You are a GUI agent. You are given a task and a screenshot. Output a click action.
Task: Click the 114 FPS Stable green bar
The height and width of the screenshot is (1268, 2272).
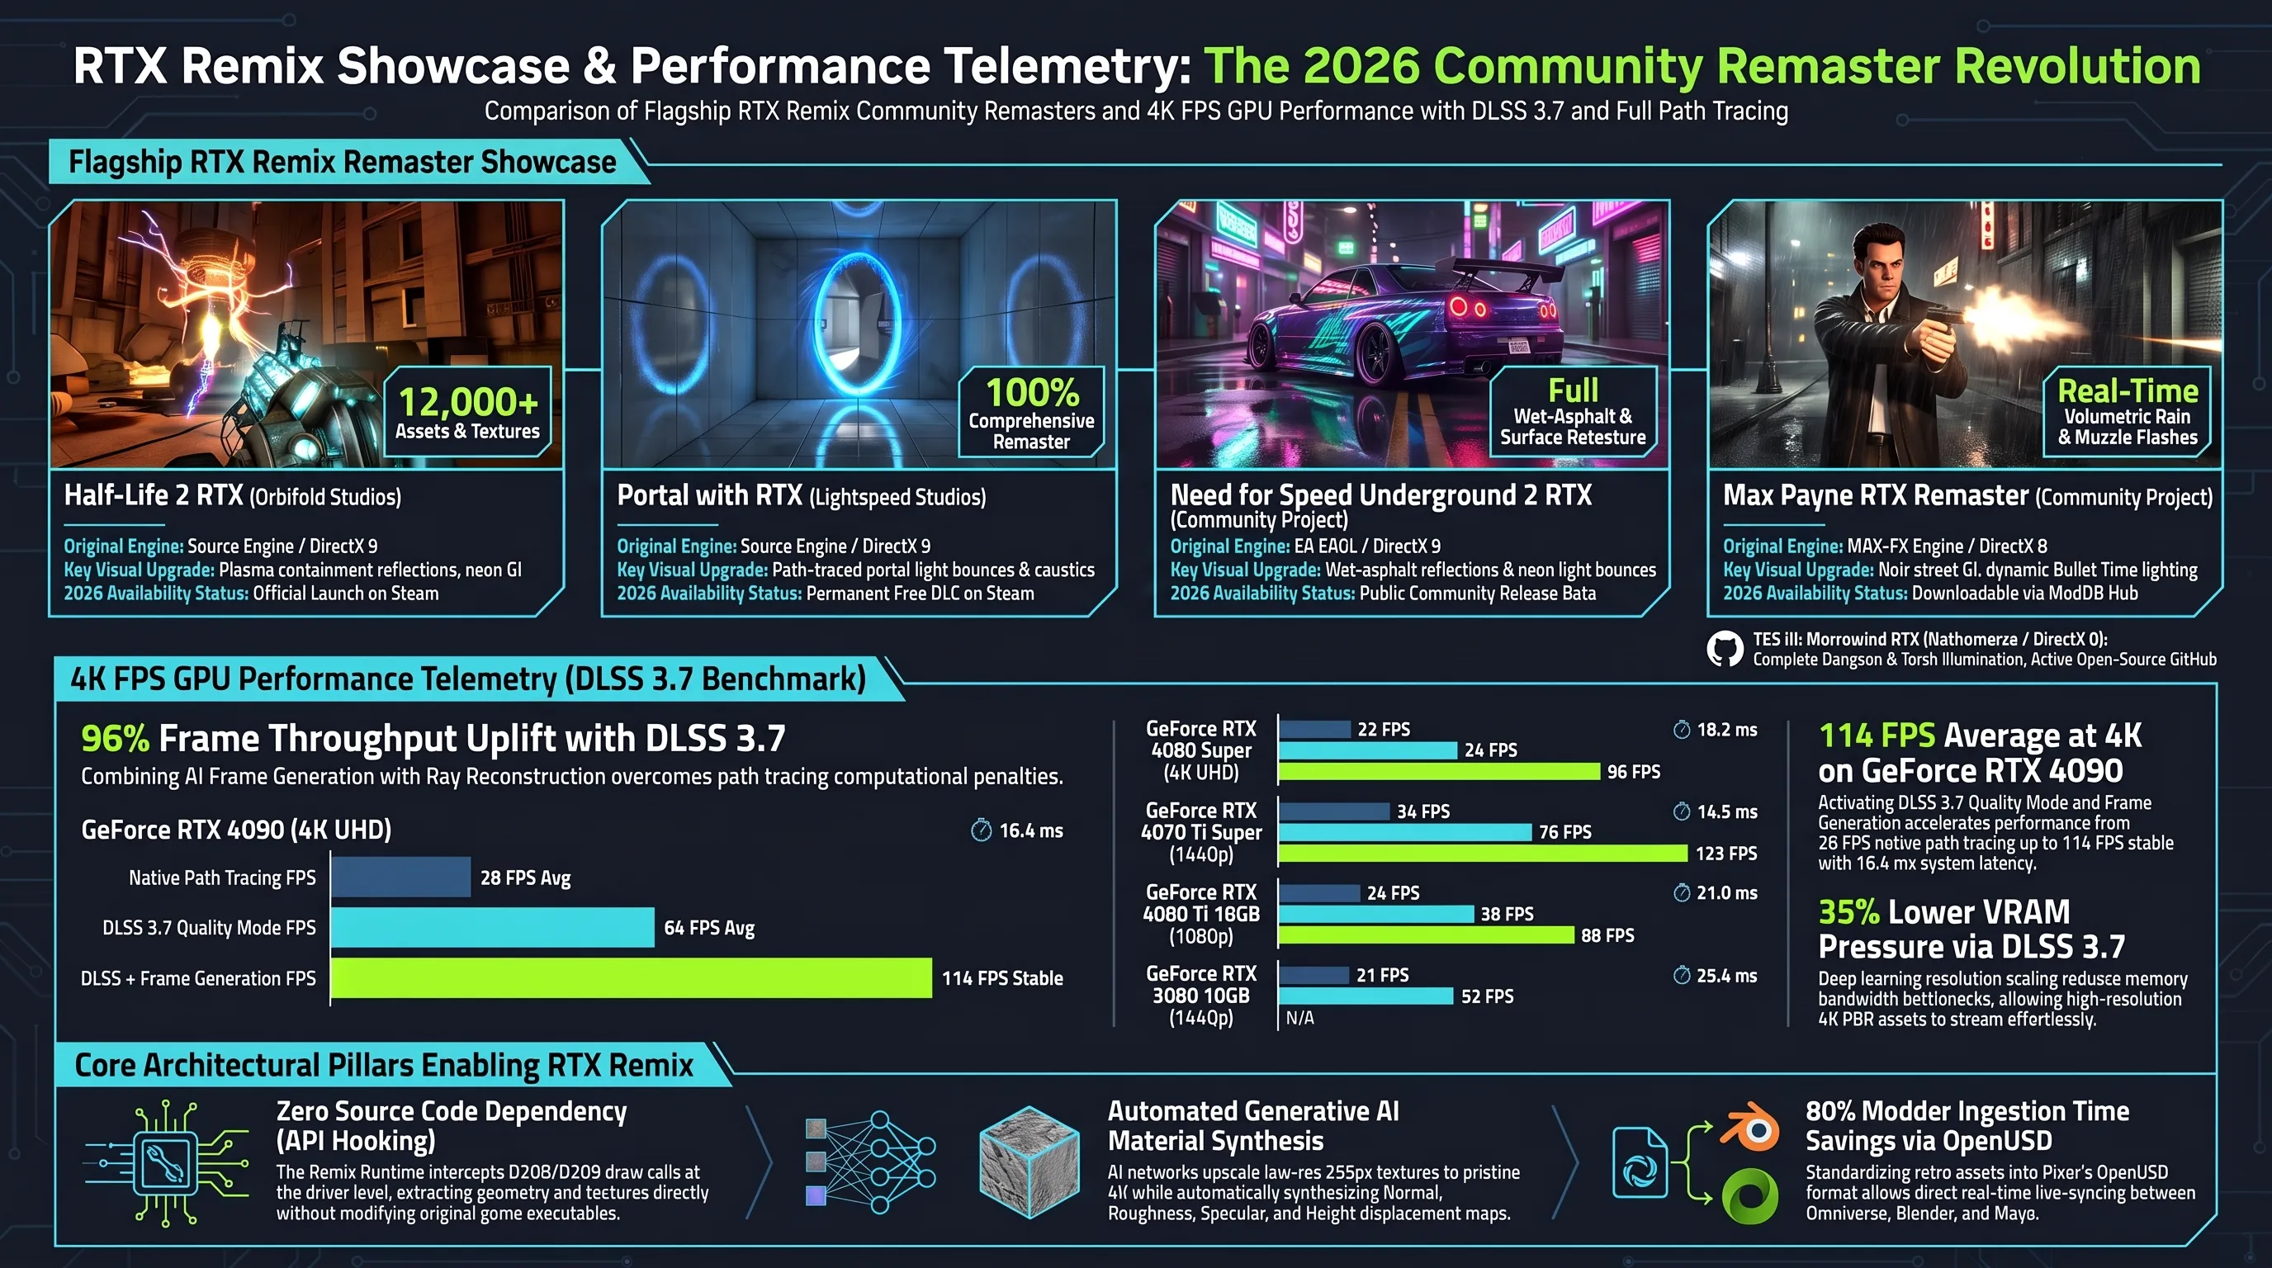[632, 978]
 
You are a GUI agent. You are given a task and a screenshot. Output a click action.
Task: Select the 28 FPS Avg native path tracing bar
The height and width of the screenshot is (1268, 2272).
[401, 878]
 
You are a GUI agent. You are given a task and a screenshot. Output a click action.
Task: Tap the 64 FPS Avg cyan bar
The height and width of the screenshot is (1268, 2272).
[493, 928]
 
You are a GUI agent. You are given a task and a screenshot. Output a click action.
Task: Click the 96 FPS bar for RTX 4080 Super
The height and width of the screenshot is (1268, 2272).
[1440, 772]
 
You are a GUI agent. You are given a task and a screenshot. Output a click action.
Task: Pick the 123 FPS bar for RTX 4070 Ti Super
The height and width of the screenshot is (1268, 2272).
[1484, 853]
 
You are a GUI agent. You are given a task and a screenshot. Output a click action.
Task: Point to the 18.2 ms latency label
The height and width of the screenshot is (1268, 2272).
[1716, 730]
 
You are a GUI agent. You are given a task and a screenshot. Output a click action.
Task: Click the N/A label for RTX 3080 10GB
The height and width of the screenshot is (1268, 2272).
[1300, 1018]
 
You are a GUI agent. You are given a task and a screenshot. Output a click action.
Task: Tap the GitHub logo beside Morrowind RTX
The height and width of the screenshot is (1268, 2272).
[1725, 649]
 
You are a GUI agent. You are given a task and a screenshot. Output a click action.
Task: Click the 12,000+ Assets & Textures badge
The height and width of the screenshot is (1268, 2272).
[467, 411]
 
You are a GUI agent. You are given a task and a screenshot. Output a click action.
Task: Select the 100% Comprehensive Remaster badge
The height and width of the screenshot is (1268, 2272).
[1031, 411]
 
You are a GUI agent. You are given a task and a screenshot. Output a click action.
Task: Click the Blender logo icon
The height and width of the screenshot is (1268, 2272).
[1748, 1126]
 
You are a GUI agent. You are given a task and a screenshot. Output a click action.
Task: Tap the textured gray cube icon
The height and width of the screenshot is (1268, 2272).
[1029, 1162]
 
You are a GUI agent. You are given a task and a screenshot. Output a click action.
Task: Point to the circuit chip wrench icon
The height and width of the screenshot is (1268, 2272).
[166, 1162]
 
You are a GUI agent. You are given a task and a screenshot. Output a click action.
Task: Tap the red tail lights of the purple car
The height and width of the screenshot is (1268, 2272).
[1469, 308]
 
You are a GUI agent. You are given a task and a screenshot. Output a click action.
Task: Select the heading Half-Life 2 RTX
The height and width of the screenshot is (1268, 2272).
[154, 495]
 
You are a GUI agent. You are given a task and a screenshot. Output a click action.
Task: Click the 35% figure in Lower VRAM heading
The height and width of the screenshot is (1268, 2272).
[1848, 911]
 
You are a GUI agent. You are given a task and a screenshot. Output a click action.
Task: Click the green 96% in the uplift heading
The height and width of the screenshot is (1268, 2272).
[115, 739]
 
